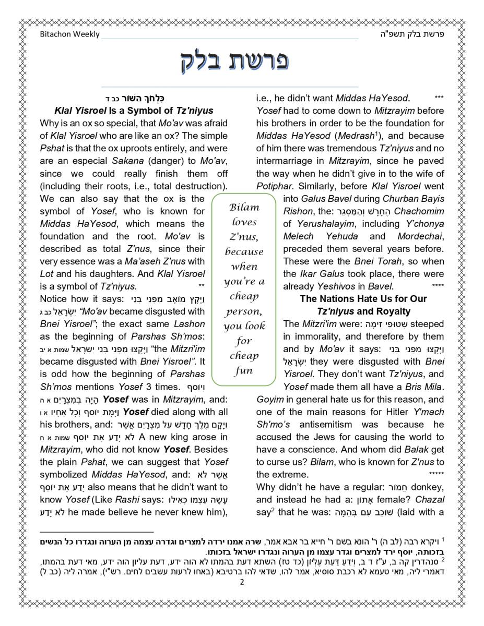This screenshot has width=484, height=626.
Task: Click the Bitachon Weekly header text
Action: click(69, 34)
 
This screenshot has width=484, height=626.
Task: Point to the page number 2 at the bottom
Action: click(242, 582)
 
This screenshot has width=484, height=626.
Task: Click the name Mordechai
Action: click(420, 236)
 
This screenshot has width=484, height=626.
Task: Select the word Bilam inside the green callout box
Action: click(244, 207)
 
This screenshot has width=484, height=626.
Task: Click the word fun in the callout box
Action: click(244, 371)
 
